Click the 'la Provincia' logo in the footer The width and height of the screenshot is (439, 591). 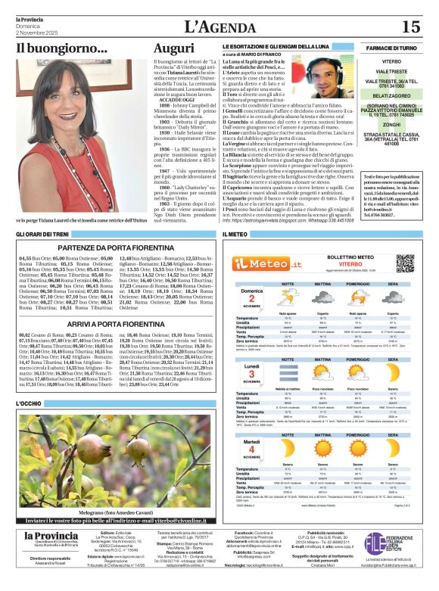point(50,537)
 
